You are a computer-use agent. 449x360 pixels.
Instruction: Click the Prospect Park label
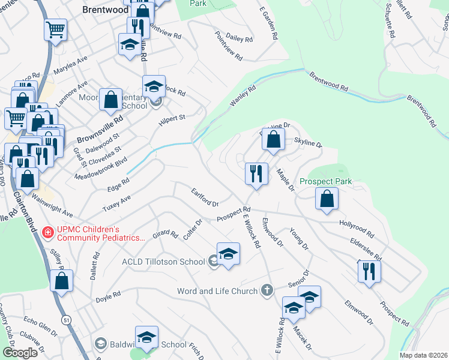click(x=325, y=181)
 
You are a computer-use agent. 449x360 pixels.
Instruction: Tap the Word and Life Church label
click(x=219, y=291)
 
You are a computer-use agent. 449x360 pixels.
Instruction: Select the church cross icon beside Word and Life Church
click(x=267, y=291)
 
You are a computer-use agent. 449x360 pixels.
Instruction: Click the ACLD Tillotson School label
click(x=163, y=261)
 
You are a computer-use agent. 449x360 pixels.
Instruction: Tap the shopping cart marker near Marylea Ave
click(x=55, y=29)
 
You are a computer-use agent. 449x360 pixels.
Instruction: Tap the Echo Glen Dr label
click(x=40, y=325)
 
